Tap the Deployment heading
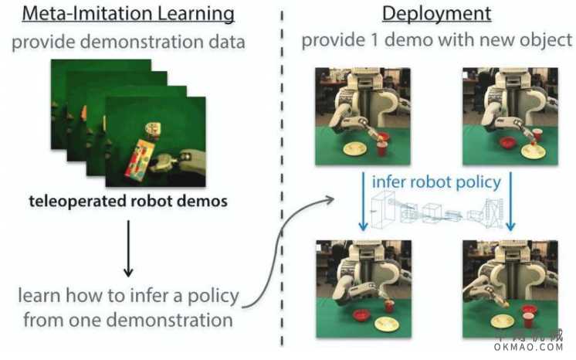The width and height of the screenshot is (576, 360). pyautogui.click(x=436, y=15)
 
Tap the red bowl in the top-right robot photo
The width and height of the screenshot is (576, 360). pyautogui.click(x=507, y=142)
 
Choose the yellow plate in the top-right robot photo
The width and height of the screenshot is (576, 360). pyautogui.click(x=532, y=151)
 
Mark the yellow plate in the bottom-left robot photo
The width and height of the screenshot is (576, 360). pyautogui.click(x=386, y=324)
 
